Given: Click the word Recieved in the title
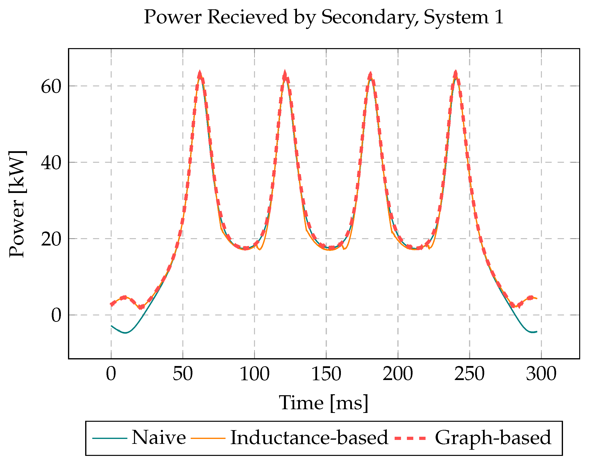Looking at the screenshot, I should [x=247, y=17].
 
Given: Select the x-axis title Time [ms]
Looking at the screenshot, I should [x=324, y=403].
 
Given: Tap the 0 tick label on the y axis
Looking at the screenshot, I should [x=56, y=315].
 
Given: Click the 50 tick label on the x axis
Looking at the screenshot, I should [x=183, y=374].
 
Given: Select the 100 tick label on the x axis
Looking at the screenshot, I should [x=254, y=374].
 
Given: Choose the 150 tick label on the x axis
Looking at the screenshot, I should [x=326, y=374].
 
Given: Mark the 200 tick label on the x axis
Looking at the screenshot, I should [x=398, y=374].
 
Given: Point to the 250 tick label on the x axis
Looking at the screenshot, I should [x=469, y=374].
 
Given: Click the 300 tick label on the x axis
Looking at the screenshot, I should [x=541, y=374].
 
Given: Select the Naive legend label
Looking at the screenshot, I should [x=159, y=437].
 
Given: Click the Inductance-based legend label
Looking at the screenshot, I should [x=309, y=437].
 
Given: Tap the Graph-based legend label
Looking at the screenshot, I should [x=493, y=437].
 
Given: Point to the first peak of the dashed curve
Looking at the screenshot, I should [x=200, y=74].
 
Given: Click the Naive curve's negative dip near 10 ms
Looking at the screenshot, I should [x=125, y=333].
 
